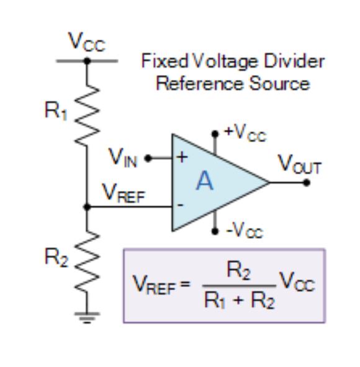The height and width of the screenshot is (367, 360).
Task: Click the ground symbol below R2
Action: tap(87, 316)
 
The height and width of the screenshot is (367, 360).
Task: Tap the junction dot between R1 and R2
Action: tap(87, 207)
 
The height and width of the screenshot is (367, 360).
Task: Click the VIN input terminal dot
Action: tap(147, 158)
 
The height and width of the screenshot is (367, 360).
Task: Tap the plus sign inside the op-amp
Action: tap(182, 157)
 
